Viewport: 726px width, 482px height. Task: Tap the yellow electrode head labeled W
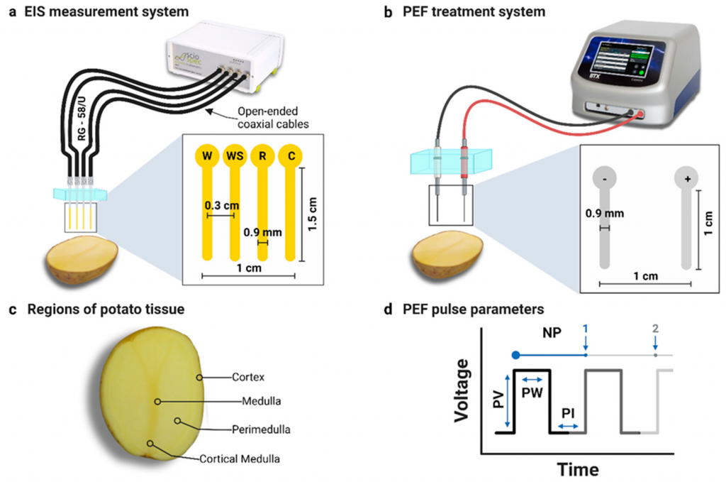(207, 155)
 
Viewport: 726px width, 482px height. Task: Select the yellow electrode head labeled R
(262, 155)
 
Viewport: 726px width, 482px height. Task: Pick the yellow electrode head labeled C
(289, 155)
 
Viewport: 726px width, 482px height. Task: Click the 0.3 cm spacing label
(220, 206)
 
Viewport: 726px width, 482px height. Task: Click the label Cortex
(248, 377)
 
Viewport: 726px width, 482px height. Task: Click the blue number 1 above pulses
(586, 329)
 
